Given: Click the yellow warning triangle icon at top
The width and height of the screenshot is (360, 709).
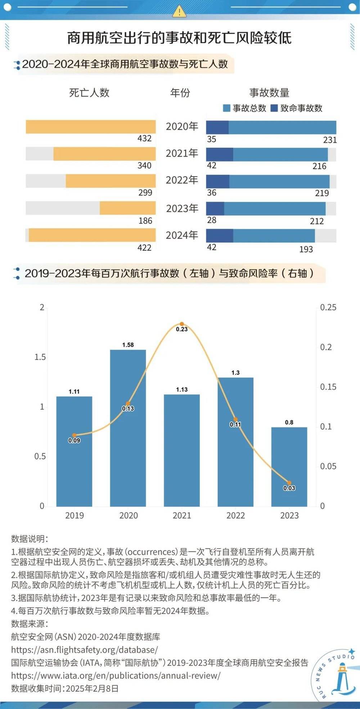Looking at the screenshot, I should tap(179, 12).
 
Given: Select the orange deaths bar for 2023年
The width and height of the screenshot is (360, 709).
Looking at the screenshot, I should tap(127, 208).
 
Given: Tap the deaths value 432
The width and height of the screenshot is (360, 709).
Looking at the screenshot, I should tap(144, 139).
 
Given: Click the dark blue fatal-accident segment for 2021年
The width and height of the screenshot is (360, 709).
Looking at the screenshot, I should tap(219, 154).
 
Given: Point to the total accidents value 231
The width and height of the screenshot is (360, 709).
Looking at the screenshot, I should tap(330, 140).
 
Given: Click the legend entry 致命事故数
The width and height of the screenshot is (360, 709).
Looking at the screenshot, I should tap(297, 108).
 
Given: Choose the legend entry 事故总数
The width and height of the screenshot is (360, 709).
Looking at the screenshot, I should tap(245, 108).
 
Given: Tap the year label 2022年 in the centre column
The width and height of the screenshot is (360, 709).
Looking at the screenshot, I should tap(182, 180).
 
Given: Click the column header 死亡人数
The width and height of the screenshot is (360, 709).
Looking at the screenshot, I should tap(89, 93).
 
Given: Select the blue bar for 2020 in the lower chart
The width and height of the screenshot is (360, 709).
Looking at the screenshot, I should tap(128, 428).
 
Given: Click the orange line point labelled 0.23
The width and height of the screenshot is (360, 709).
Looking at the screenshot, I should tap(182, 324).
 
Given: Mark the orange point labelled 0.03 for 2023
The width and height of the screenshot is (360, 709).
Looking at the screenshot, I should tap(289, 483).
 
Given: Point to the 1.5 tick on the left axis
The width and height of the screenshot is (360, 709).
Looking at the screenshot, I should tap(40, 357).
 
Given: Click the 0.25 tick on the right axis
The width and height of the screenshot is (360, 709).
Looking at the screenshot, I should tap(328, 307).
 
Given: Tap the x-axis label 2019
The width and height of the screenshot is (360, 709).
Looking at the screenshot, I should tap(75, 516).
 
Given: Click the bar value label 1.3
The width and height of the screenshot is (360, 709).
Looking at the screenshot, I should tap(235, 373).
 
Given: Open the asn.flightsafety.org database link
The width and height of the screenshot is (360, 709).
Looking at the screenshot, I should tap(84, 650).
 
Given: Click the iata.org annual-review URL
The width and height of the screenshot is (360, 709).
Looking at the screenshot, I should tap(116, 676).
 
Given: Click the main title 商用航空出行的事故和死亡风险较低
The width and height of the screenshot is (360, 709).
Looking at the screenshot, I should tap(179, 38).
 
